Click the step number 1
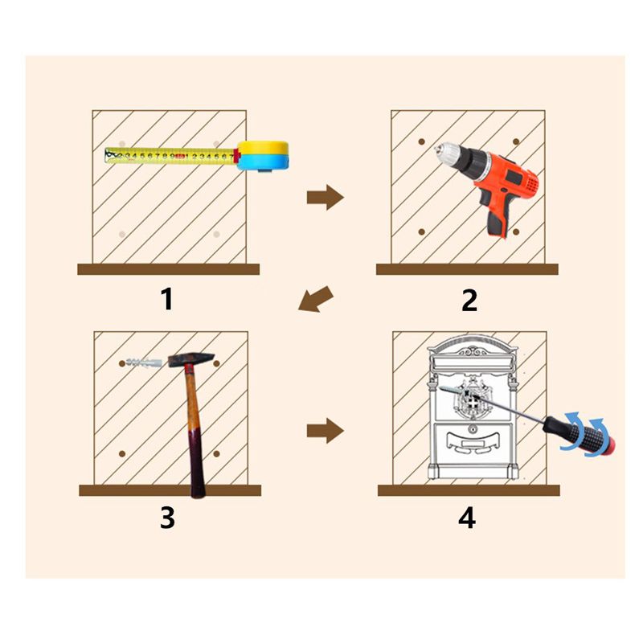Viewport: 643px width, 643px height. tap(167, 299)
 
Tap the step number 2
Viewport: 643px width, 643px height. tap(469, 301)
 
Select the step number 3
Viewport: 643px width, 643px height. tap(168, 518)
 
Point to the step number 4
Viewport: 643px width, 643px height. tap(467, 518)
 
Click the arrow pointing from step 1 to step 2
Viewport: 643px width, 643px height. tap(326, 197)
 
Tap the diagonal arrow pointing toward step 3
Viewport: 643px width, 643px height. tap(316, 300)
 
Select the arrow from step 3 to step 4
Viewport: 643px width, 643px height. tap(326, 431)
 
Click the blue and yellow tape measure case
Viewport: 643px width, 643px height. tap(264, 156)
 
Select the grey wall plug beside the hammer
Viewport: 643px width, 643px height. tap(145, 363)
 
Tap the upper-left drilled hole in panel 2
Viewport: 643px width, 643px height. tap(421, 142)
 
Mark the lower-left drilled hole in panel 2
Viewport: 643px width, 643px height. tap(421, 231)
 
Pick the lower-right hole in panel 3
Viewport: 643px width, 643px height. tap(216, 454)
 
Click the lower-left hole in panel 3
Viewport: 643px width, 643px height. tap(122, 453)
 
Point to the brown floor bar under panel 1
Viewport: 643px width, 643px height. tap(169, 269)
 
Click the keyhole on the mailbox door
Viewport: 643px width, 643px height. tap(473, 429)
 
